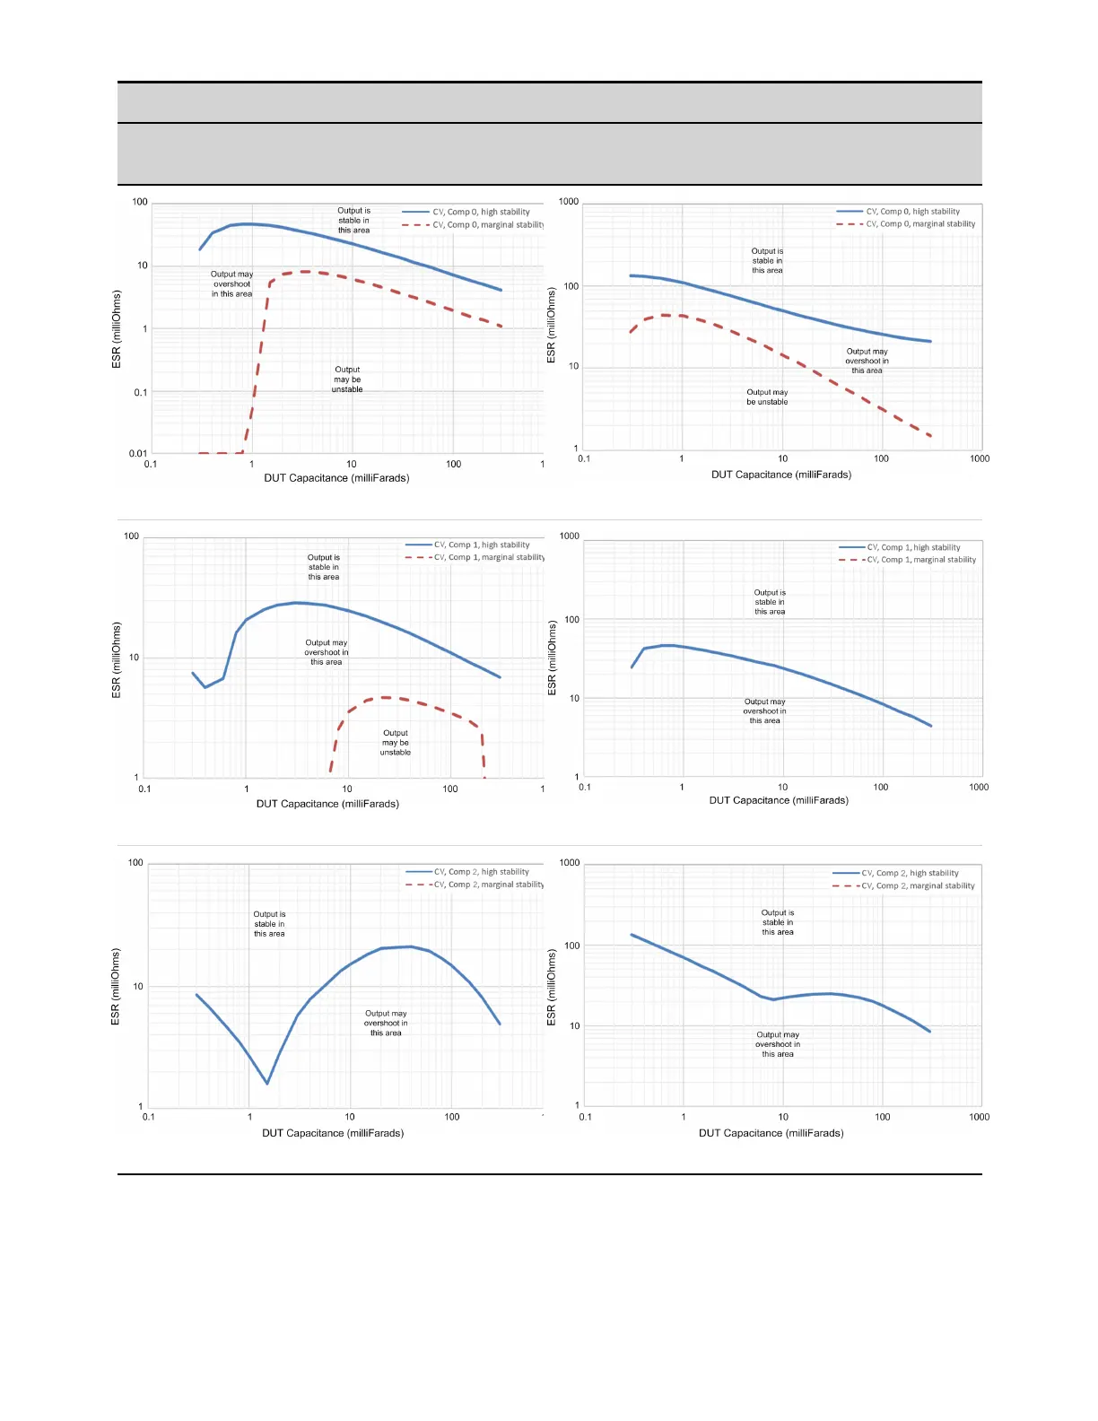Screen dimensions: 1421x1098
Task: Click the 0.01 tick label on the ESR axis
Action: (137, 454)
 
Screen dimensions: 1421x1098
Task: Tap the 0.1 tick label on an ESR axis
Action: (141, 392)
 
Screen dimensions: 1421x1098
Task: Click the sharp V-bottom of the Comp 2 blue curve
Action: (266, 1084)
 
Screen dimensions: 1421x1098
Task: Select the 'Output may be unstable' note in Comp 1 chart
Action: (396, 743)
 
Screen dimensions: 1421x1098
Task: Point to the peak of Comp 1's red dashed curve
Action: (384, 697)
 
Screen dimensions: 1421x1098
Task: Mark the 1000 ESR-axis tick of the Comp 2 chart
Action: (570, 863)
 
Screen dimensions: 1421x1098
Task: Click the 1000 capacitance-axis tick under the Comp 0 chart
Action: (980, 458)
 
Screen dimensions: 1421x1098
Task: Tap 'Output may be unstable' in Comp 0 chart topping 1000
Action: (767, 397)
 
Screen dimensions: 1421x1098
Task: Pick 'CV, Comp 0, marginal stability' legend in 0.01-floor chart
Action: (488, 225)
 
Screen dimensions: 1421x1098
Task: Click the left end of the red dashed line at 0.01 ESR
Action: (199, 453)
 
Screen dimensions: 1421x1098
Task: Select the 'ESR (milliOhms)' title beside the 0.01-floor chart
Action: (117, 328)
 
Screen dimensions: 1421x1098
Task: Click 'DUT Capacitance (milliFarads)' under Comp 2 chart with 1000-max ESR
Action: (771, 1133)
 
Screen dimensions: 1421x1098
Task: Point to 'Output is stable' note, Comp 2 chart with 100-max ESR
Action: (269, 924)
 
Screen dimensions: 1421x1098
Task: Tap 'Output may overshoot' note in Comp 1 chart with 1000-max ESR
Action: (764, 711)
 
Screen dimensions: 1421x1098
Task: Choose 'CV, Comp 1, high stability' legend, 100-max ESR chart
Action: (482, 545)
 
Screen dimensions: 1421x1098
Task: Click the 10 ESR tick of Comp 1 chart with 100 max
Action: (134, 658)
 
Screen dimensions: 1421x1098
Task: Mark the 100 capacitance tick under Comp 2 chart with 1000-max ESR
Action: (883, 1117)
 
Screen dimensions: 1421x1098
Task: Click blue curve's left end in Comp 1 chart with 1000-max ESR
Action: (632, 667)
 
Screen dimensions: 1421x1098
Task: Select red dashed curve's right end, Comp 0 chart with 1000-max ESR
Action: (931, 436)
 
